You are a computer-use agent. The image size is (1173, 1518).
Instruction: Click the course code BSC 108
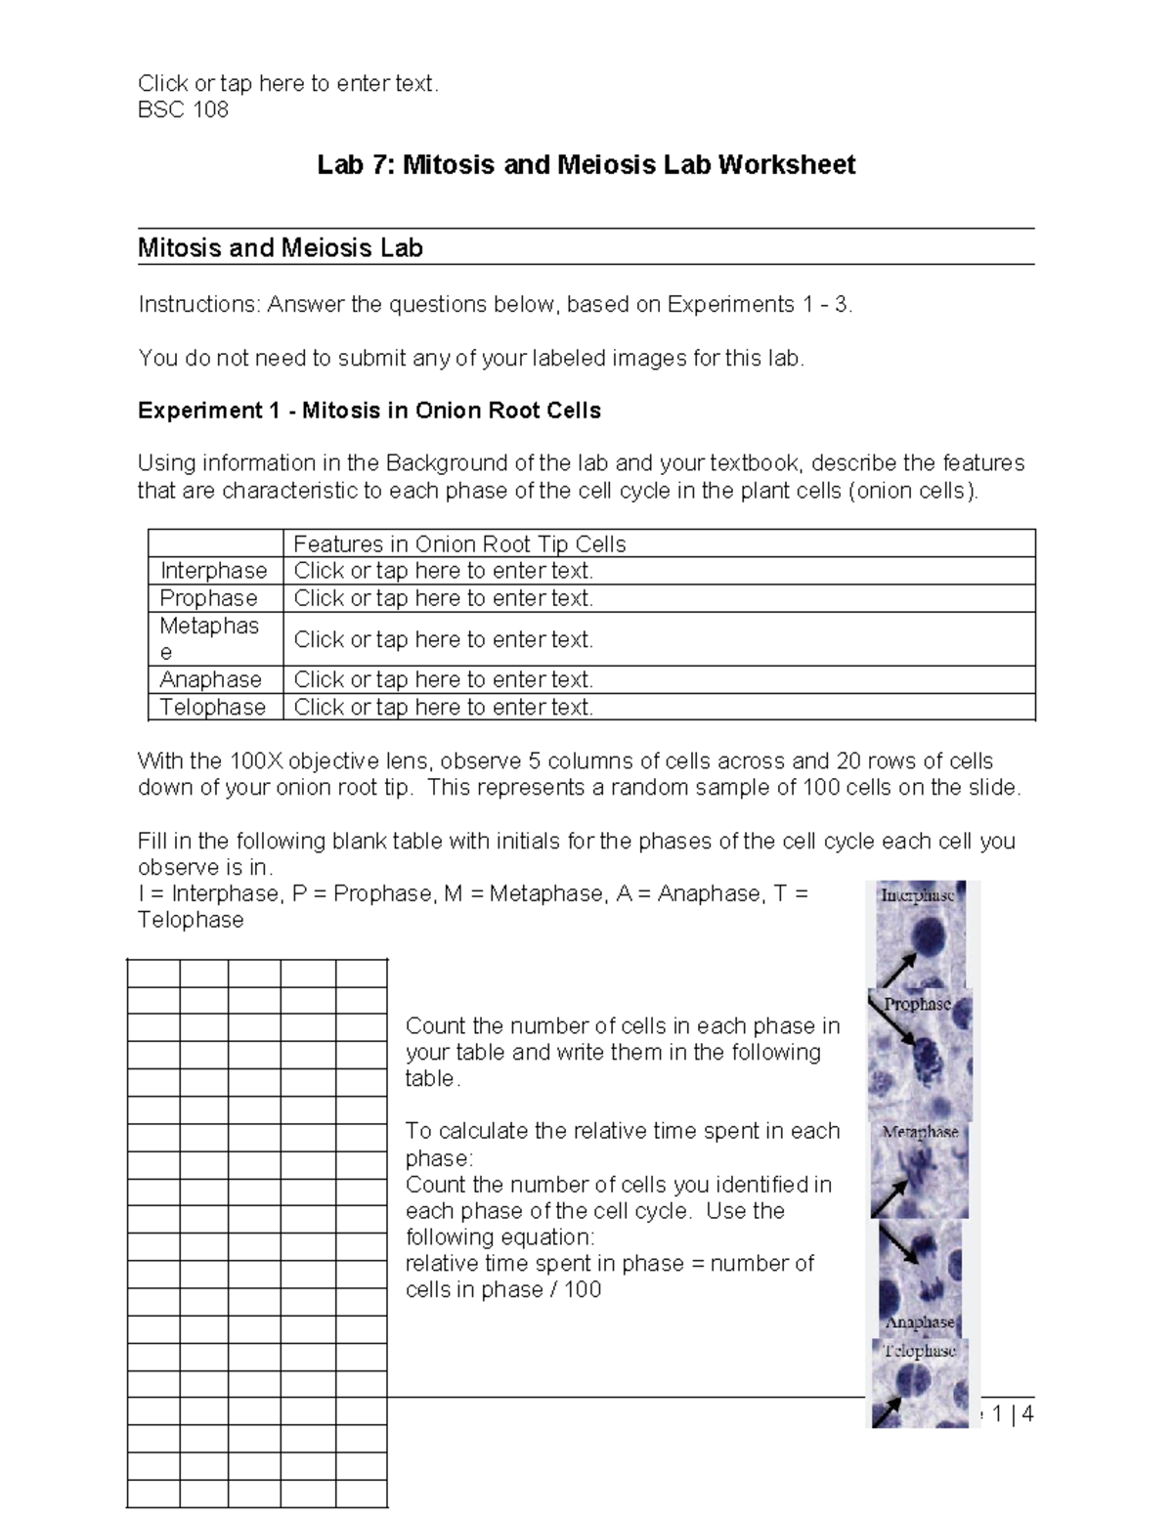183,109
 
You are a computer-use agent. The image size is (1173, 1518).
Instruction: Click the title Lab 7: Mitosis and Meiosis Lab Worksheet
586,164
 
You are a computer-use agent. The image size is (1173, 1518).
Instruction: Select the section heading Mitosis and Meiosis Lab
280,248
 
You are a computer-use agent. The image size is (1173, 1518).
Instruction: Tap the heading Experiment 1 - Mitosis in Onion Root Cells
369,411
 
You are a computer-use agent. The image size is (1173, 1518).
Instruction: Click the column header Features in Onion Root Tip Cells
459,543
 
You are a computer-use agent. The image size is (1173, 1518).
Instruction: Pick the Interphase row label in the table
213,571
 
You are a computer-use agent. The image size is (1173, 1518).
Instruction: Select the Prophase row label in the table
208,598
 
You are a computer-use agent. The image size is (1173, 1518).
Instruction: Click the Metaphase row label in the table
209,638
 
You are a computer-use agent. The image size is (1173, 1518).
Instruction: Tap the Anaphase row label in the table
210,679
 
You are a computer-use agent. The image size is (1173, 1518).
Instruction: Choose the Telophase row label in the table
212,707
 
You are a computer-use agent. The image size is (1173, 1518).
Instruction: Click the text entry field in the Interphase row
443,571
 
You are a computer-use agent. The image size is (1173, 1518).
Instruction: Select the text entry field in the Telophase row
443,707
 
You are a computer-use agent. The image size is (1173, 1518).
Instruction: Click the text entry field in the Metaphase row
443,639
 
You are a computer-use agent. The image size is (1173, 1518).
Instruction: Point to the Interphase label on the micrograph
917,895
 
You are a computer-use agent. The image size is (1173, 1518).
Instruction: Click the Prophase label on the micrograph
917,1004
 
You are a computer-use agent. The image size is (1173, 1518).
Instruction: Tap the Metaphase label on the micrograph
920,1132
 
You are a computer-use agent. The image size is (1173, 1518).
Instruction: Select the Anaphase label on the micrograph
919,1322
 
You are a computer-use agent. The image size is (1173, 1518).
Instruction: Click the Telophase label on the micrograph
919,1351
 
